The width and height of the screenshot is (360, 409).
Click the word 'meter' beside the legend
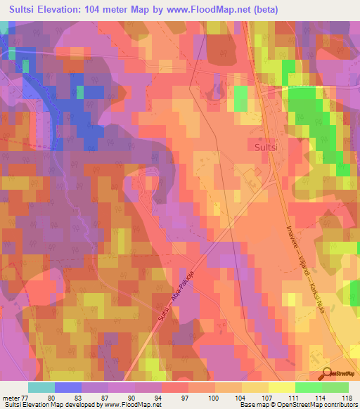click(11, 397)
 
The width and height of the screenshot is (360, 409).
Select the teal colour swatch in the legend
click(41, 387)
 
